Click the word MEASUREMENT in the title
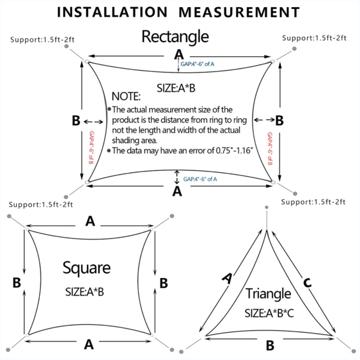(x=239, y=12)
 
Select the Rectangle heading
(x=175, y=37)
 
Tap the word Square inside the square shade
(x=86, y=268)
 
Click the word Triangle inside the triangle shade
(x=268, y=294)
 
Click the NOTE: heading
(x=126, y=96)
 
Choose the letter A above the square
(x=90, y=221)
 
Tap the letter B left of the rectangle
(x=76, y=120)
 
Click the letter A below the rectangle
(x=177, y=192)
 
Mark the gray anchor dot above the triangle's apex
(x=267, y=207)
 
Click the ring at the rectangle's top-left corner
(x=86, y=61)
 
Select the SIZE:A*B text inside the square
(x=84, y=292)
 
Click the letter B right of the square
(x=164, y=283)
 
